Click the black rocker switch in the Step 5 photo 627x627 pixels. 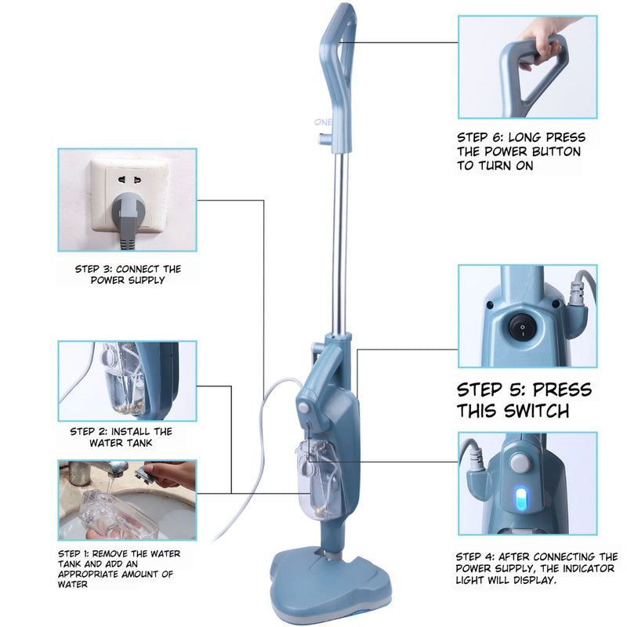point(522,327)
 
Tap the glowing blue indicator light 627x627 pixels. point(520,498)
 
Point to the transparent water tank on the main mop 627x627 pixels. point(319,479)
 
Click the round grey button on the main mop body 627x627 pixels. point(303,408)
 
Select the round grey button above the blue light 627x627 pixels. point(520,463)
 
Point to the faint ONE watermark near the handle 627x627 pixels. point(323,122)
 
